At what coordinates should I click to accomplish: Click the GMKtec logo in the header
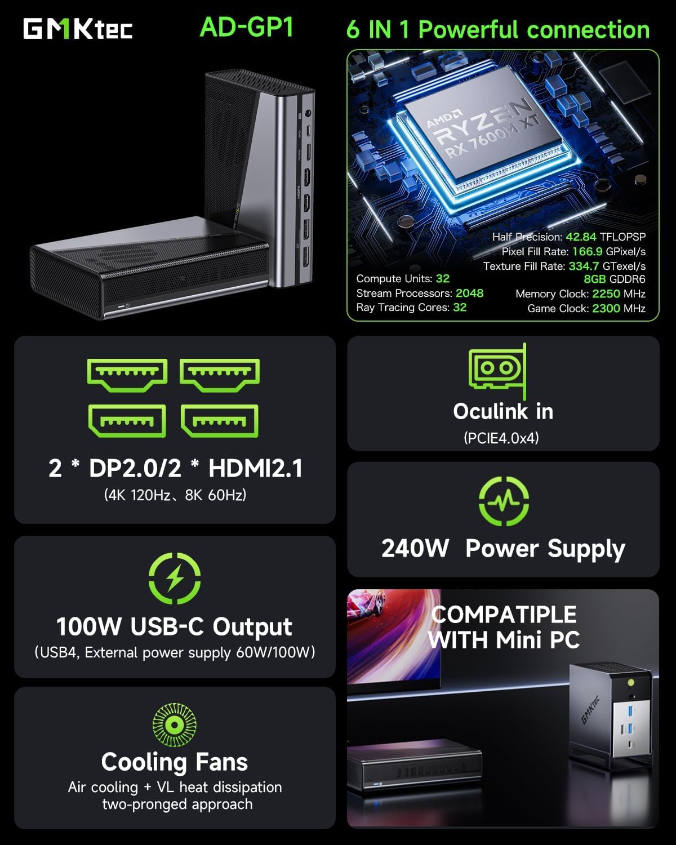(x=78, y=29)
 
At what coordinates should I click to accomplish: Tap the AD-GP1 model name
(x=247, y=26)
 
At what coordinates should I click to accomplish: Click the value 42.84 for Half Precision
(x=580, y=237)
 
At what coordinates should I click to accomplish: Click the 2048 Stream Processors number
(x=469, y=293)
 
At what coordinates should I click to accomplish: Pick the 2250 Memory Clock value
(x=606, y=293)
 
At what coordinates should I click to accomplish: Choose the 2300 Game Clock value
(x=606, y=308)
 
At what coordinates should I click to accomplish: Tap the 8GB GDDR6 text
(x=614, y=279)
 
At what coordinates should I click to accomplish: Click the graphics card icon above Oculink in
(x=497, y=370)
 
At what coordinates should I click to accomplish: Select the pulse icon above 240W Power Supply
(x=504, y=501)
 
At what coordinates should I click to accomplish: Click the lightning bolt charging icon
(x=175, y=578)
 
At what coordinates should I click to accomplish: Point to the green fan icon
(x=174, y=724)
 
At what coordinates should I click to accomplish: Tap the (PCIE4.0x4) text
(x=501, y=438)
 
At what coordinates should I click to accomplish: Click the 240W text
(x=415, y=548)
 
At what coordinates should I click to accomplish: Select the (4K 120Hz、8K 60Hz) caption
(x=175, y=495)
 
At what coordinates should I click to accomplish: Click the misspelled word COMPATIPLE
(x=504, y=614)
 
